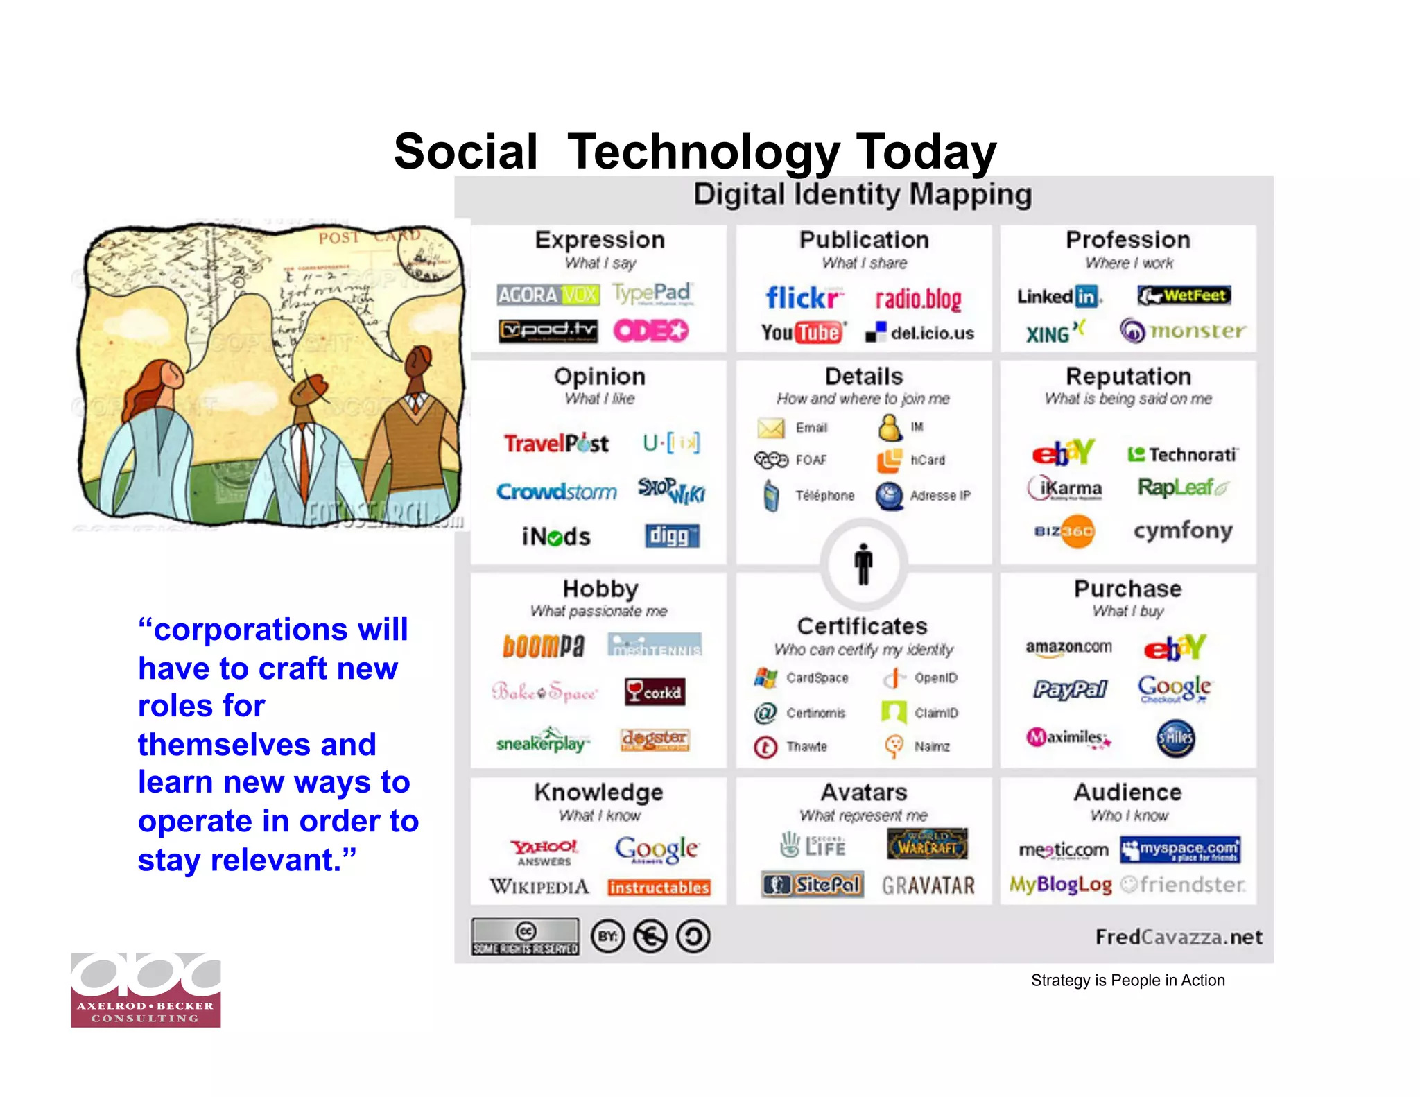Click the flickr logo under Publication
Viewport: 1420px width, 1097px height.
point(804,298)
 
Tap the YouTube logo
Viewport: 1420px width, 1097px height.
point(803,333)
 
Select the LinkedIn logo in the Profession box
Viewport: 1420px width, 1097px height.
point(1058,297)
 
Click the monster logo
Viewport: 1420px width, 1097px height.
point(1182,331)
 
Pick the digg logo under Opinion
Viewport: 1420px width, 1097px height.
point(671,536)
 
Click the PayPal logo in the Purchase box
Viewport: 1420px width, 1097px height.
point(1070,689)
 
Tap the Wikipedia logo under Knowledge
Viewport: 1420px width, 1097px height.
point(539,886)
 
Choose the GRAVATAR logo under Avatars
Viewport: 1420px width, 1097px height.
point(928,886)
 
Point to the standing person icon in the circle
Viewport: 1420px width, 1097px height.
point(863,564)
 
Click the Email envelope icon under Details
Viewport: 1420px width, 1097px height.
point(770,429)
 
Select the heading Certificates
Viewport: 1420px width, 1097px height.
point(862,626)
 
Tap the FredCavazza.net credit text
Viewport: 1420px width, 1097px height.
point(1179,938)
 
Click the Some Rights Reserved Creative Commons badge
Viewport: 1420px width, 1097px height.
point(525,937)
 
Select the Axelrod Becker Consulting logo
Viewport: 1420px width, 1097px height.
point(146,990)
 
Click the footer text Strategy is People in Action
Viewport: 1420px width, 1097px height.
point(1127,981)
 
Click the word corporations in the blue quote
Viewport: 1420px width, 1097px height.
point(281,630)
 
